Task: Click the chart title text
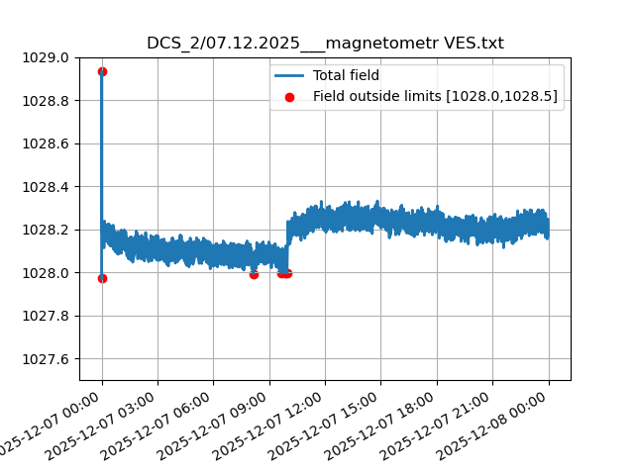click(x=325, y=44)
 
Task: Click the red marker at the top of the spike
click(x=102, y=71)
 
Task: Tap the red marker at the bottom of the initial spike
click(x=102, y=278)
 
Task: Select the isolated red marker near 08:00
click(x=254, y=274)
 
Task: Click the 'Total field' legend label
click(x=346, y=75)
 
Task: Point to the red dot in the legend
click(x=290, y=96)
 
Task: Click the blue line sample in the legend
click(x=290, y=75)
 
